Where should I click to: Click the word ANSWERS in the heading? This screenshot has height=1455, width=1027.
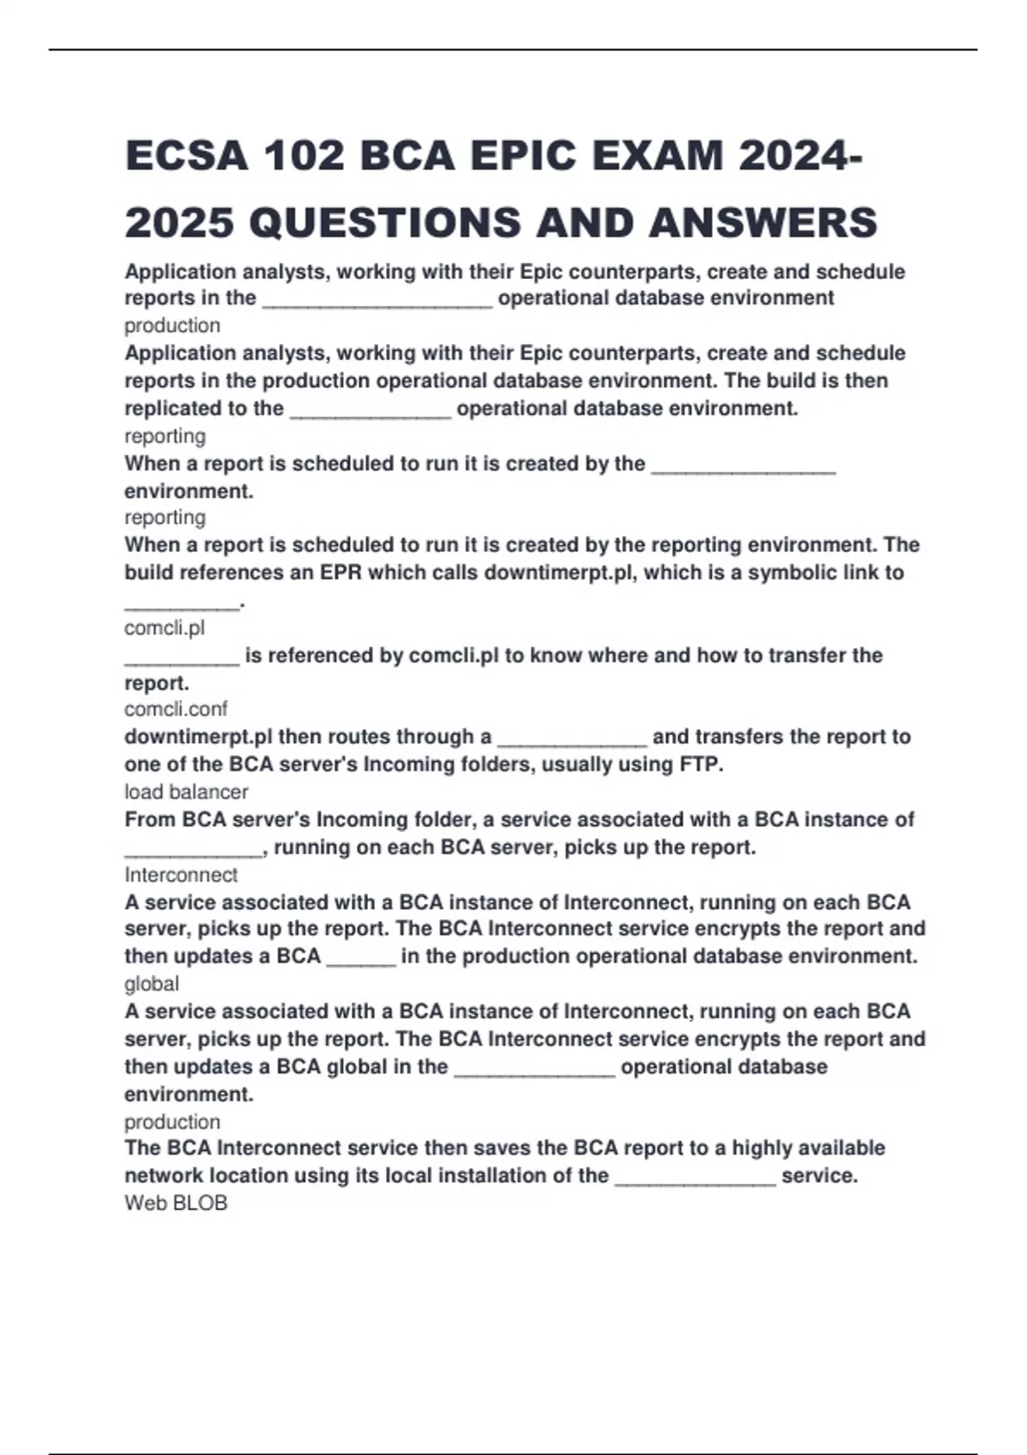(x=763, y=223)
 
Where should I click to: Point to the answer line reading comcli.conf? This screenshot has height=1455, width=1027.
(x=175, y=709)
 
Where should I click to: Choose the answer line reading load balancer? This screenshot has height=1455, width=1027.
(x=186, y=792)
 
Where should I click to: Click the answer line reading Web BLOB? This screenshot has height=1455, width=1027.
(x=175, y=1203)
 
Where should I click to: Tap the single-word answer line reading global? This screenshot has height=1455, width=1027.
(x=151, y=983)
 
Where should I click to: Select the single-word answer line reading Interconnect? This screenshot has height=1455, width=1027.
(x=181, y=875)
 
